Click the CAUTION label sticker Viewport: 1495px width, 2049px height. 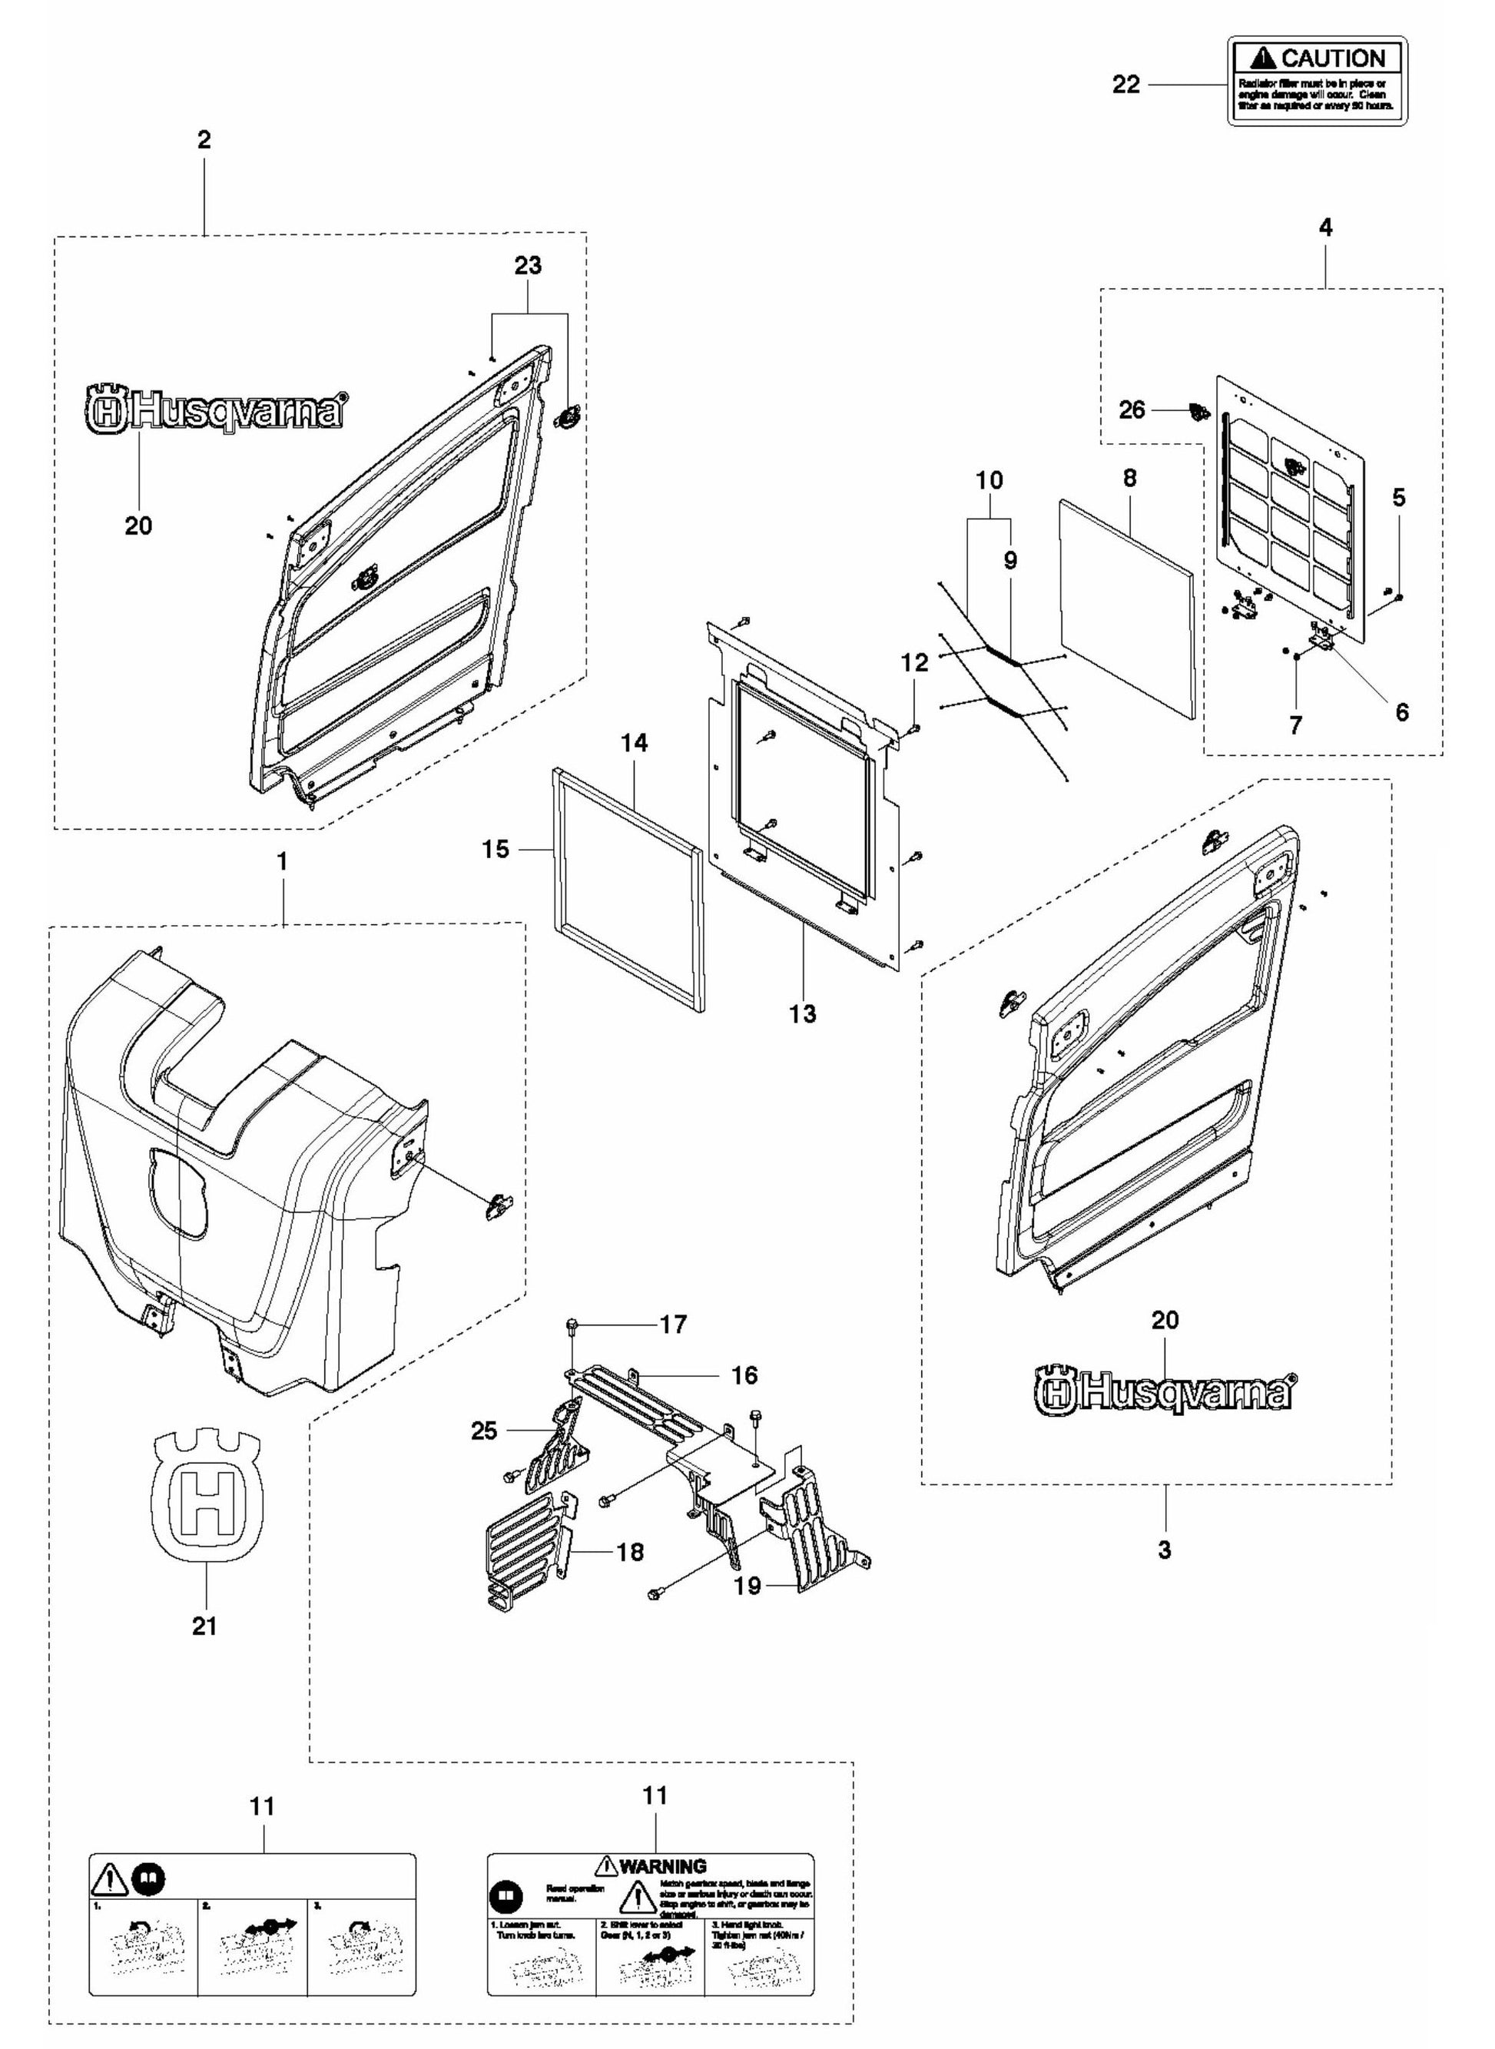[1317, 81]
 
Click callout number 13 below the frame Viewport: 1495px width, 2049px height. [802, 1013]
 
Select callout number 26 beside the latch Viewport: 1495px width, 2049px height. [1131, 410]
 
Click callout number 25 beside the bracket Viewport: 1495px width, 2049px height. [484, 1430]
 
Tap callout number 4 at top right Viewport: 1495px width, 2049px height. [1325, 228]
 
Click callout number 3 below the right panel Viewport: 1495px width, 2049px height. [1165, 1550]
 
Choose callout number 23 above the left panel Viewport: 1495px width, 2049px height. [528, 265]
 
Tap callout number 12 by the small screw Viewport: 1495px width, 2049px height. [914, 662]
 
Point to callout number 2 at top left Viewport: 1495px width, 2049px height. [204, 141]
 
